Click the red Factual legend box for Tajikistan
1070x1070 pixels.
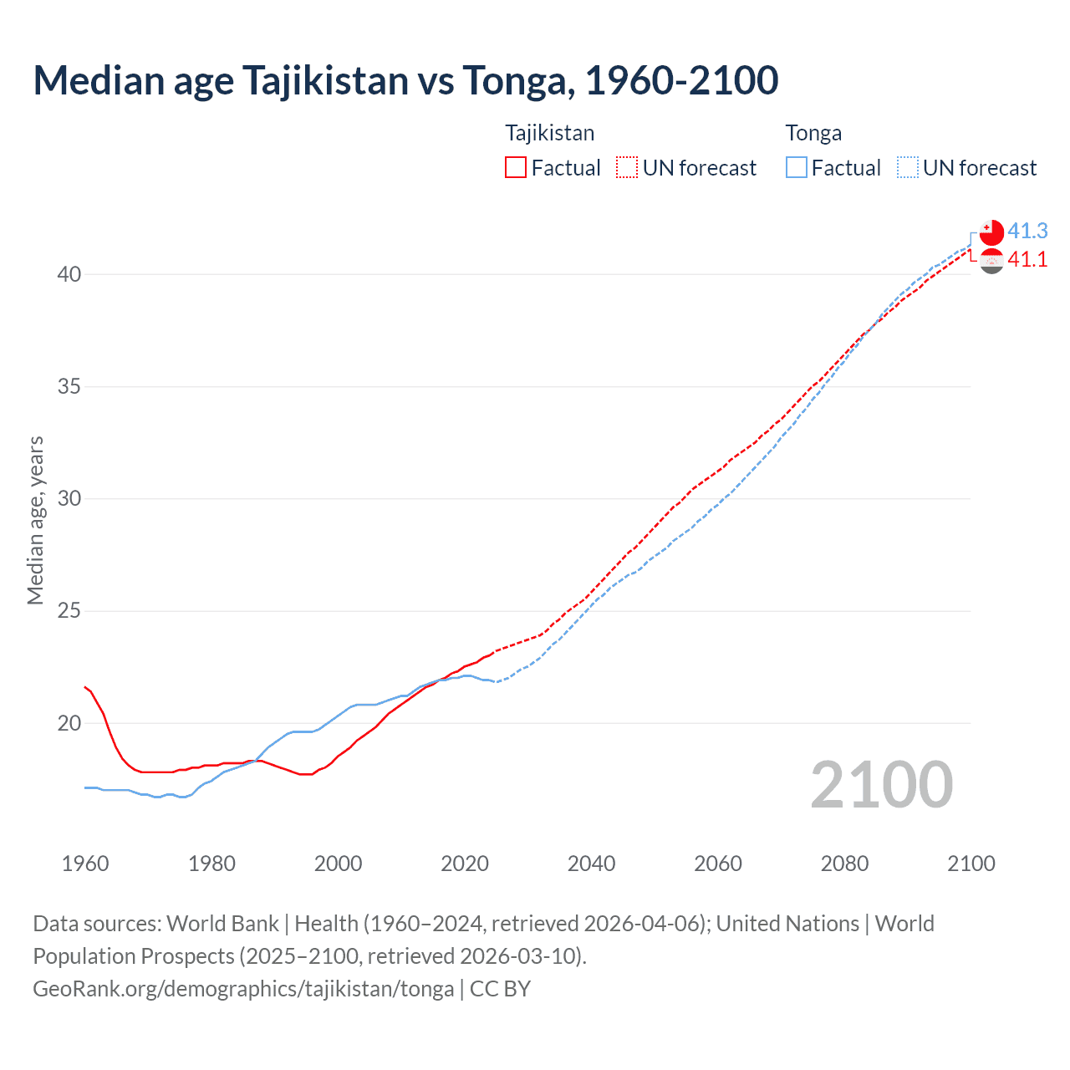516,167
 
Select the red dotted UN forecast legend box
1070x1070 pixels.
627,167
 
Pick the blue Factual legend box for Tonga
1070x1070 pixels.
797,167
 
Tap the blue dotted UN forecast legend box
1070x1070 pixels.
907,167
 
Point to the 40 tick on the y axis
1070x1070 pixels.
69,274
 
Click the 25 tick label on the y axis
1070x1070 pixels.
69,611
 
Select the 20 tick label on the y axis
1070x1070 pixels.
69,723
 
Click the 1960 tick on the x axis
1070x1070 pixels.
85,864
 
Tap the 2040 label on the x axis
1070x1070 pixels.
591,864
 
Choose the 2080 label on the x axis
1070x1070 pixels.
844,864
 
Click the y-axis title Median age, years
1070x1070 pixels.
35,520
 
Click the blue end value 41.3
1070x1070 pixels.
1027,231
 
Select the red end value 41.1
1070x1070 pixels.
1027,260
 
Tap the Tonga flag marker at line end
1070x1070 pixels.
991,232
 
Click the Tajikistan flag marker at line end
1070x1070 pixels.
991,261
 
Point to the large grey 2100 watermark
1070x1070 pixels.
881,784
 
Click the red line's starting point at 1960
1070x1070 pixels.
85,687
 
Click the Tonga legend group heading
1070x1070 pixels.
813,133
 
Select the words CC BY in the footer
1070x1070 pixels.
500,989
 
